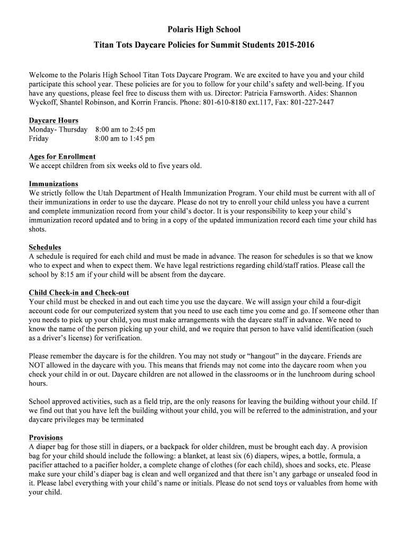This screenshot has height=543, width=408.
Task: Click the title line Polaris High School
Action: (x=204, y=29)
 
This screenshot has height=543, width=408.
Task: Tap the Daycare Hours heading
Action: (x=54, y=120)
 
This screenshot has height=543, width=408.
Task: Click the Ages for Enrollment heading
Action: (x=62, y=156)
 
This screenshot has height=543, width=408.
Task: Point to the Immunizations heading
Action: (x=54, y=184)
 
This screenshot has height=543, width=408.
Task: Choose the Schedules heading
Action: (x=45, y=247)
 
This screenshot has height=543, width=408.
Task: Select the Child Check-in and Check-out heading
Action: (x=79, y=293)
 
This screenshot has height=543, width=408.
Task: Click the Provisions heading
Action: (x=46, y=437)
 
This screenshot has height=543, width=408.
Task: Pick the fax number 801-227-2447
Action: (x=312, y=102)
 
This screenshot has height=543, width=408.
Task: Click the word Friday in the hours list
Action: (x=39, y=138)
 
